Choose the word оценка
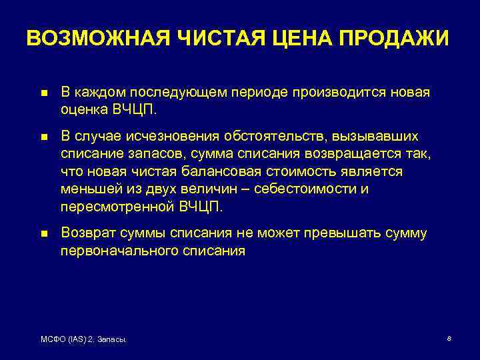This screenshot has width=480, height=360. point(83,109)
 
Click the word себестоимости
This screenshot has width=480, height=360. point(298,189)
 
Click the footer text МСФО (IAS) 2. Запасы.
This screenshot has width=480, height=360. point(84,340)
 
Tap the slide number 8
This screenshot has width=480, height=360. point(449,339)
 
